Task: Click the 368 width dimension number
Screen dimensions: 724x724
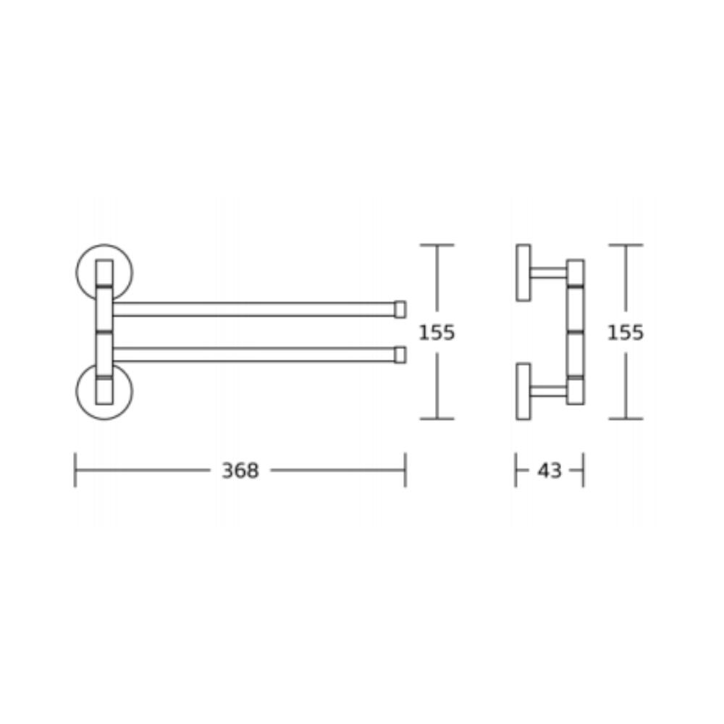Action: pos(240,471)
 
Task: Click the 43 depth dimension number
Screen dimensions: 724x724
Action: pos(550,471)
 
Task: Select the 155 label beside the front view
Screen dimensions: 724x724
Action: pos(437,332)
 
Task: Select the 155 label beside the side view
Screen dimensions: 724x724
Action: pos(626,332)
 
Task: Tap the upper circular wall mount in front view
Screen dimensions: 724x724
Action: pos(77,272)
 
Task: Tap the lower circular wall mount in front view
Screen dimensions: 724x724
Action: pos(77,391)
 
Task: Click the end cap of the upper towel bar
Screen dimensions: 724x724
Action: pos(400,309)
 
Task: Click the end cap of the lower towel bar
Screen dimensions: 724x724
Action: pos(400,355)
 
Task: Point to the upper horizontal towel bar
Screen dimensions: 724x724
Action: pos(254,309)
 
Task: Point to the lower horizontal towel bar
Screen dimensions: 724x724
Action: pos(254,355)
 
